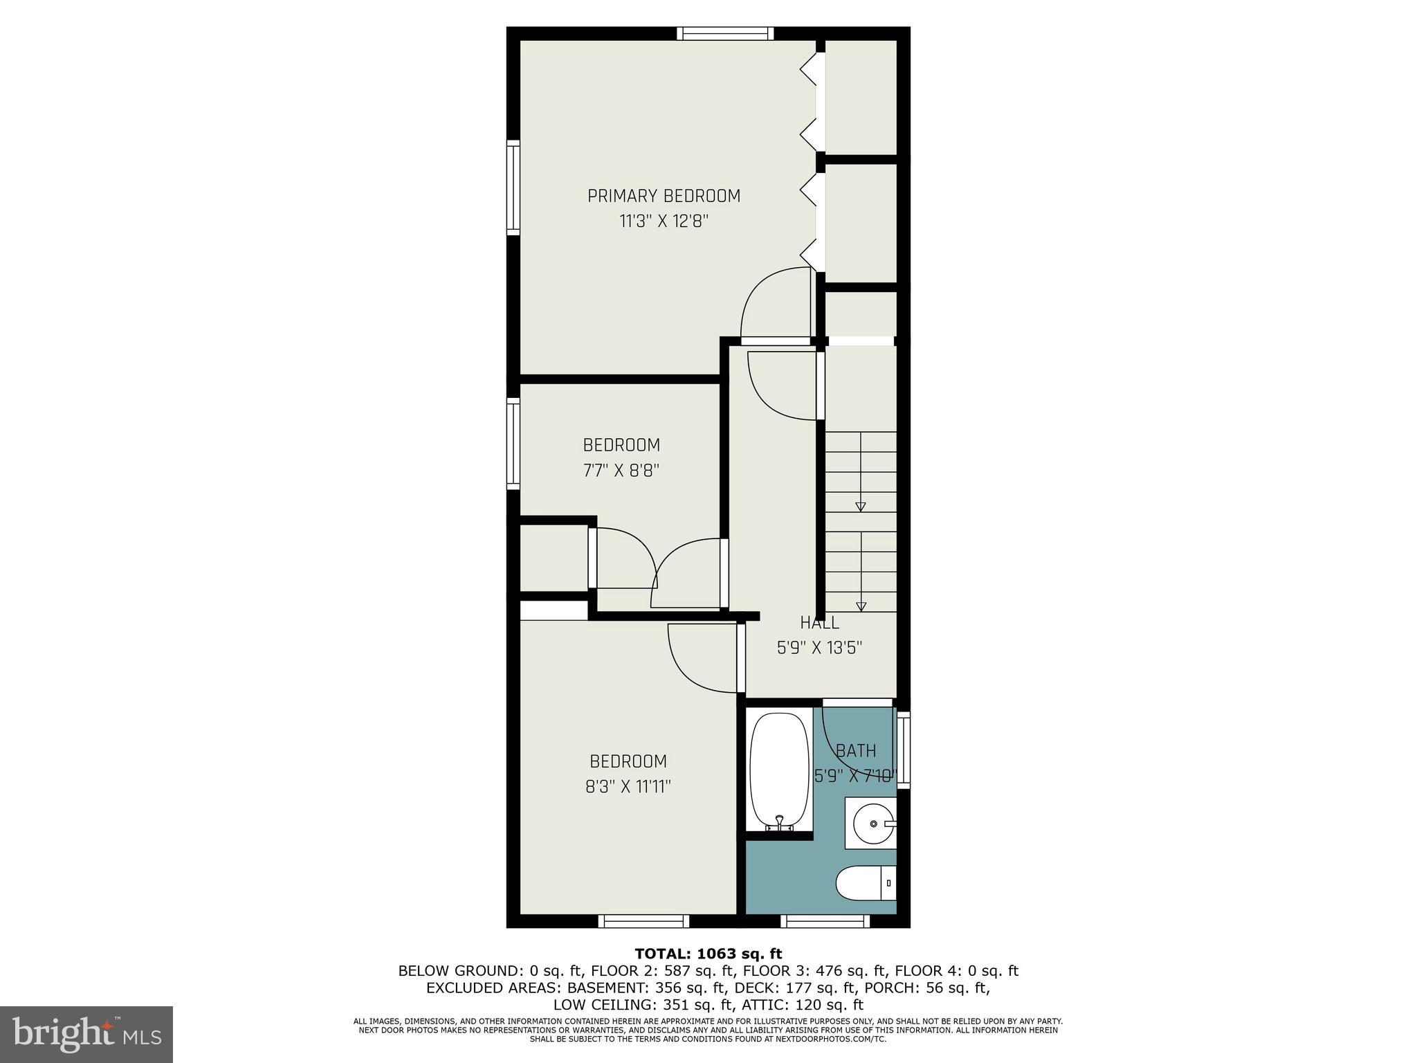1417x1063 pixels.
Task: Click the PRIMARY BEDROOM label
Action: coord(664,196)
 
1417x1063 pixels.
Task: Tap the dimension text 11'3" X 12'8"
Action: coord(664,221)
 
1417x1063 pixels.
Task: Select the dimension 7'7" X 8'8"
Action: coord(621,471)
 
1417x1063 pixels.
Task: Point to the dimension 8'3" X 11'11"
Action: coord(628,787)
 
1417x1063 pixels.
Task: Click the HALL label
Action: coord(819,622)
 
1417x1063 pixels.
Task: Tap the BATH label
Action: coord(856,751)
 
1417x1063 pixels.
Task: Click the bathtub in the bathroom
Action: coord(779,772)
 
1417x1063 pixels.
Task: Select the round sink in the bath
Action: coord(873,824)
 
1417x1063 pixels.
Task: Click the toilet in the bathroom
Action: coord(866,883)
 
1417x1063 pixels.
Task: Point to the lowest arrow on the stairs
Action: coord(861,606)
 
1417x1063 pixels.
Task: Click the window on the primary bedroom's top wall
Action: coord(724,33)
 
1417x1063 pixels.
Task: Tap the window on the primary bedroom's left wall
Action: coord(513,188)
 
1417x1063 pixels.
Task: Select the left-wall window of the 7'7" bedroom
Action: coord(513,444)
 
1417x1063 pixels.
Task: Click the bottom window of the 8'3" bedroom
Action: coord(643,921)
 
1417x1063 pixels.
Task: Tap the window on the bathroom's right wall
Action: coord(903,749)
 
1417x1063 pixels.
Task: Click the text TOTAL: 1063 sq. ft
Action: coord(708,954)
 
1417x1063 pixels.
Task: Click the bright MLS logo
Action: coord(86,1034)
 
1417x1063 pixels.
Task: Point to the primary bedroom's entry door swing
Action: coord(775,305)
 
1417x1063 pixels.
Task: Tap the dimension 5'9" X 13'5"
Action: coord(819,648)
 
